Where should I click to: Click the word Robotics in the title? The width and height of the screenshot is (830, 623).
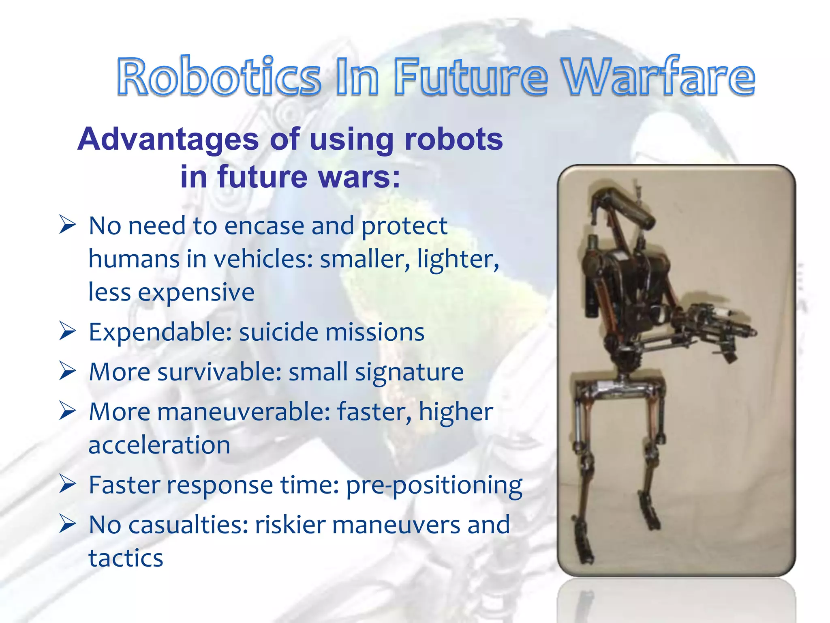(x=219, y=77)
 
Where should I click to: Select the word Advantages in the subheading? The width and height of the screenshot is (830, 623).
(x=168, y=139)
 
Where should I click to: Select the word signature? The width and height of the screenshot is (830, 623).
(x=409, y=372)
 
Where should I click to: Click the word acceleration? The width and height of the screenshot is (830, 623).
(x=159, y=445)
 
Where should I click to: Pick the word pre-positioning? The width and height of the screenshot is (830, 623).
(x=434, y=485)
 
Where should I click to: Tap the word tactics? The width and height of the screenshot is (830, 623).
(x=126, y=558)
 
